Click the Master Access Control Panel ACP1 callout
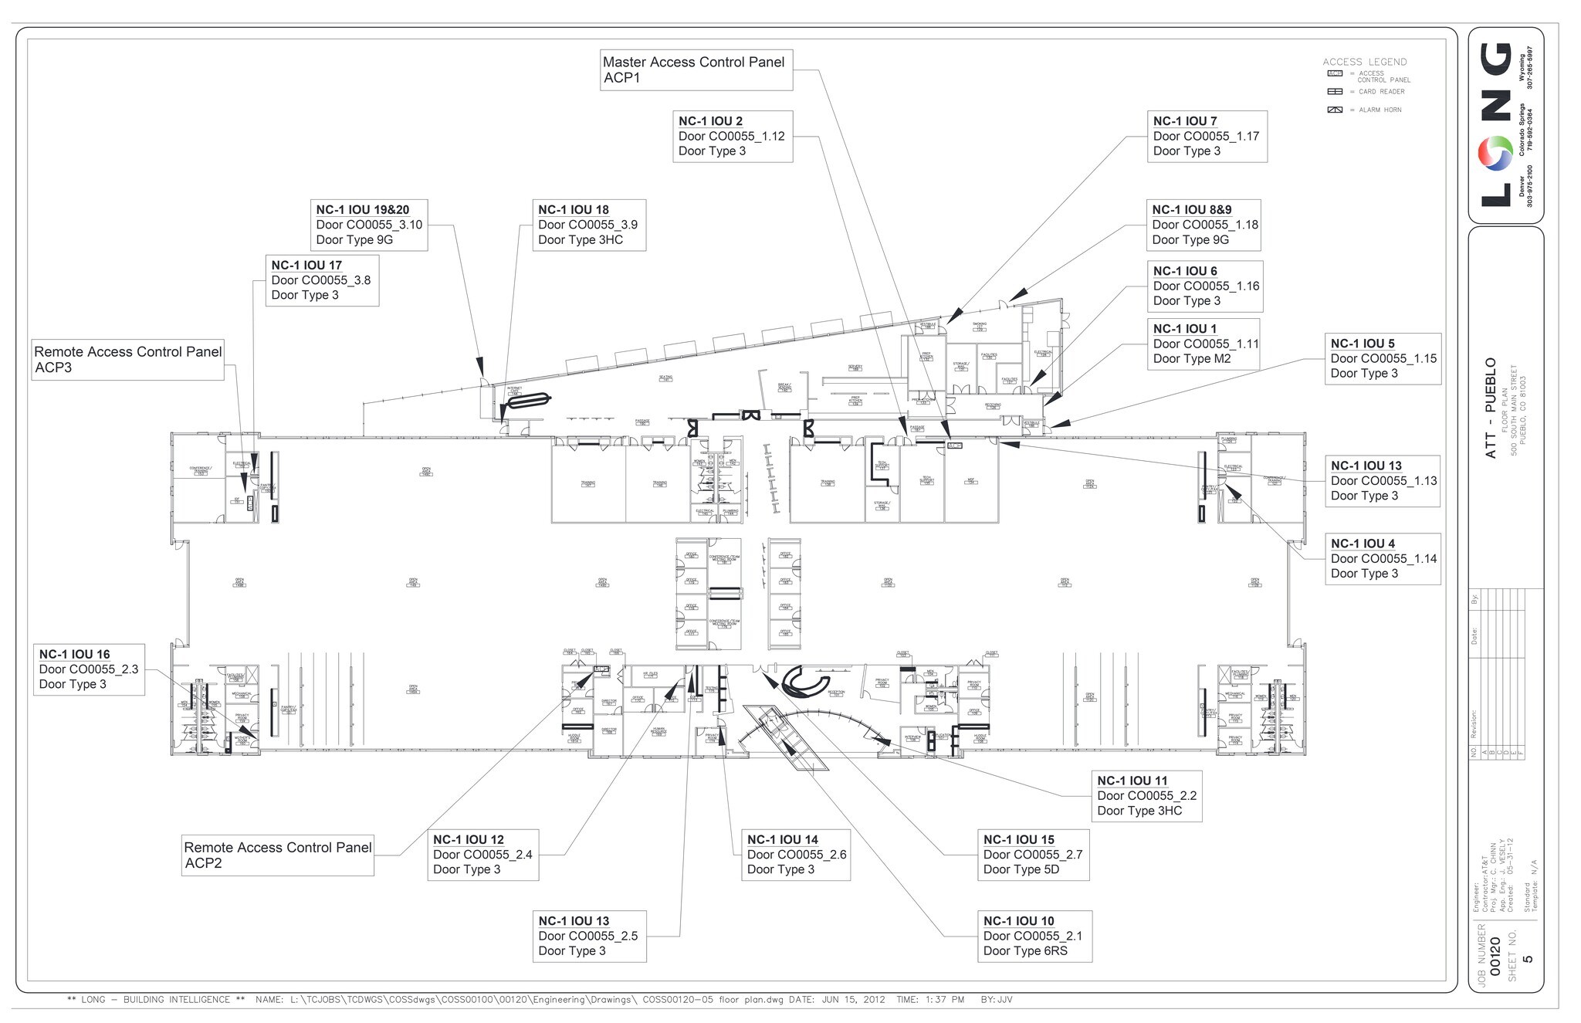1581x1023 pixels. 696,70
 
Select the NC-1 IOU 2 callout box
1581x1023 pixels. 732,137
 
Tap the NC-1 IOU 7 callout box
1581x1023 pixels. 1206,137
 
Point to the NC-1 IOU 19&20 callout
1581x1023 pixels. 371,225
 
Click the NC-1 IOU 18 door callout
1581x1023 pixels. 588,225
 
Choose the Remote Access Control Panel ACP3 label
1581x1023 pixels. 127,360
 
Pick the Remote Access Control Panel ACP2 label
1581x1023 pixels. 277,855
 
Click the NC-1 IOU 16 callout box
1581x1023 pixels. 88,669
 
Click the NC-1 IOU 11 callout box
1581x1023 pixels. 1146,796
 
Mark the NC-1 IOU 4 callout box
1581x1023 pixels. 1382,559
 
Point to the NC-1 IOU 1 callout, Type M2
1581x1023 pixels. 1203,344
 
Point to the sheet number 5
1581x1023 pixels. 1529,960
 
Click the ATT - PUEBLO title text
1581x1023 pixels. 1491,408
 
